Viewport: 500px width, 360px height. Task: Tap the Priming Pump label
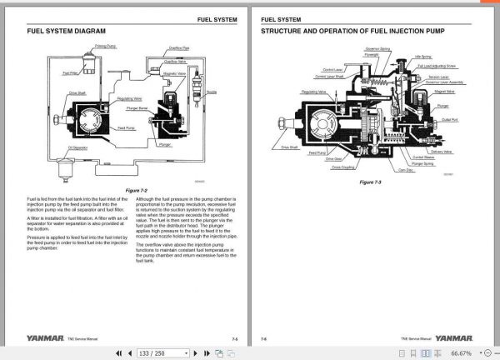pyautogui.click(x=105, y=47)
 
